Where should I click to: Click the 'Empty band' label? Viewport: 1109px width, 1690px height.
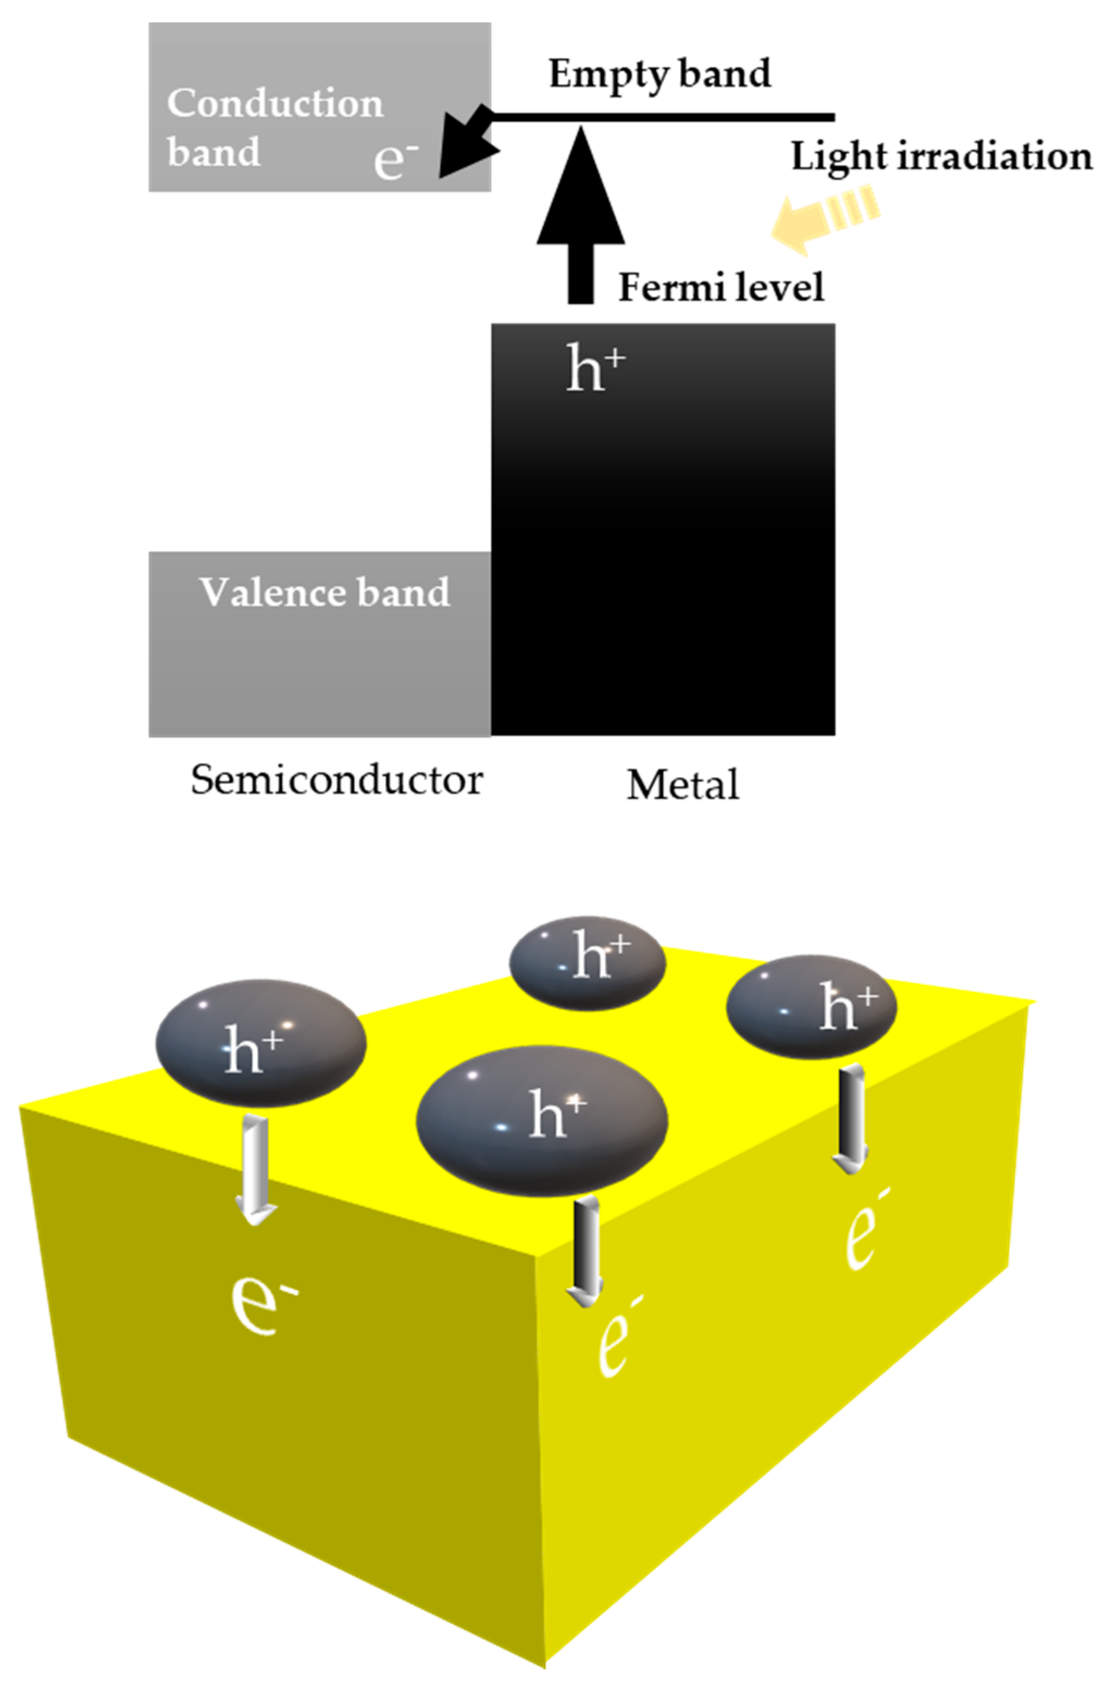(659, 74)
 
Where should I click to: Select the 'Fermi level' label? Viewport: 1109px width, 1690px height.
(721, 288)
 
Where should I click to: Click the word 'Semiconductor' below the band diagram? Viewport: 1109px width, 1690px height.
(336, 780)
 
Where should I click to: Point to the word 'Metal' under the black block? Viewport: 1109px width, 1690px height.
(682, 785)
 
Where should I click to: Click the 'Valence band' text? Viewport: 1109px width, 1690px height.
(325, 592)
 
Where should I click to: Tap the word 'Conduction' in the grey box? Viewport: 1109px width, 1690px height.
(275, 104)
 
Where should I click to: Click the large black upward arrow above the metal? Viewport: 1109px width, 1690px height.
(581, 213)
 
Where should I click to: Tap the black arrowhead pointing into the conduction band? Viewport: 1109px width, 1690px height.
(465, 146)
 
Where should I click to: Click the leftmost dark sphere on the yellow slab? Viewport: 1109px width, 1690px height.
(260, 1042)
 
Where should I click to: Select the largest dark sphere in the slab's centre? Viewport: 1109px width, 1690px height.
(541, 1120)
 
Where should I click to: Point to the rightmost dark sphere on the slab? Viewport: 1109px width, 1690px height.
(811, 1007)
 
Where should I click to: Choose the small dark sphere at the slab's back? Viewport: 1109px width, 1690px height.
(587, 963)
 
